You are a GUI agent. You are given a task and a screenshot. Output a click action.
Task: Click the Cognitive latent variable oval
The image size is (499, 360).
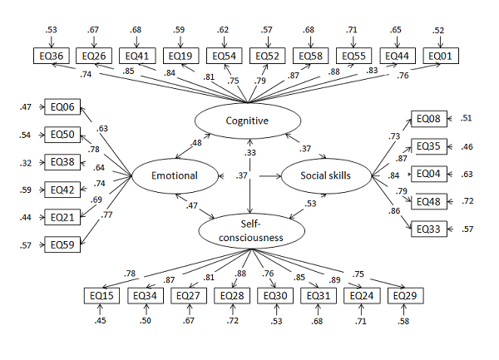pyautogui.click(x=247, y=121)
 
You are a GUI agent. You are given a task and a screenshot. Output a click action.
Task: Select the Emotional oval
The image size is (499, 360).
pyautogui.click(x=174, y=175)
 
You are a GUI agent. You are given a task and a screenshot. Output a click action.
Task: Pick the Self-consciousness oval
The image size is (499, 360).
pyautogui.click(x=250, y=229)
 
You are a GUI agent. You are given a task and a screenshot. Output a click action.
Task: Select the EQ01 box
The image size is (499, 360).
pyautogui.click(x=443, y=56)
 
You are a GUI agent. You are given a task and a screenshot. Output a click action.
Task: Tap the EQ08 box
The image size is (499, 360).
pyautogui.click(x=428, y=119)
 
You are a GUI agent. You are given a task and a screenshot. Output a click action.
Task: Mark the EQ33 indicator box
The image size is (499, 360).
pyautogui.click(x=428, y=229)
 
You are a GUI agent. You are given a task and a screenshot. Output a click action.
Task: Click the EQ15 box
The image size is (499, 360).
pyautogui.click(x=102, y=296)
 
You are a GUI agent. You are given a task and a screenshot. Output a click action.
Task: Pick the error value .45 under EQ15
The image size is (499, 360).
pyautogui.click(x=102, y=321)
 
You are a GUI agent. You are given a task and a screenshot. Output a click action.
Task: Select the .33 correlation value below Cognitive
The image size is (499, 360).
pyautogui.click(x=249, y=152)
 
